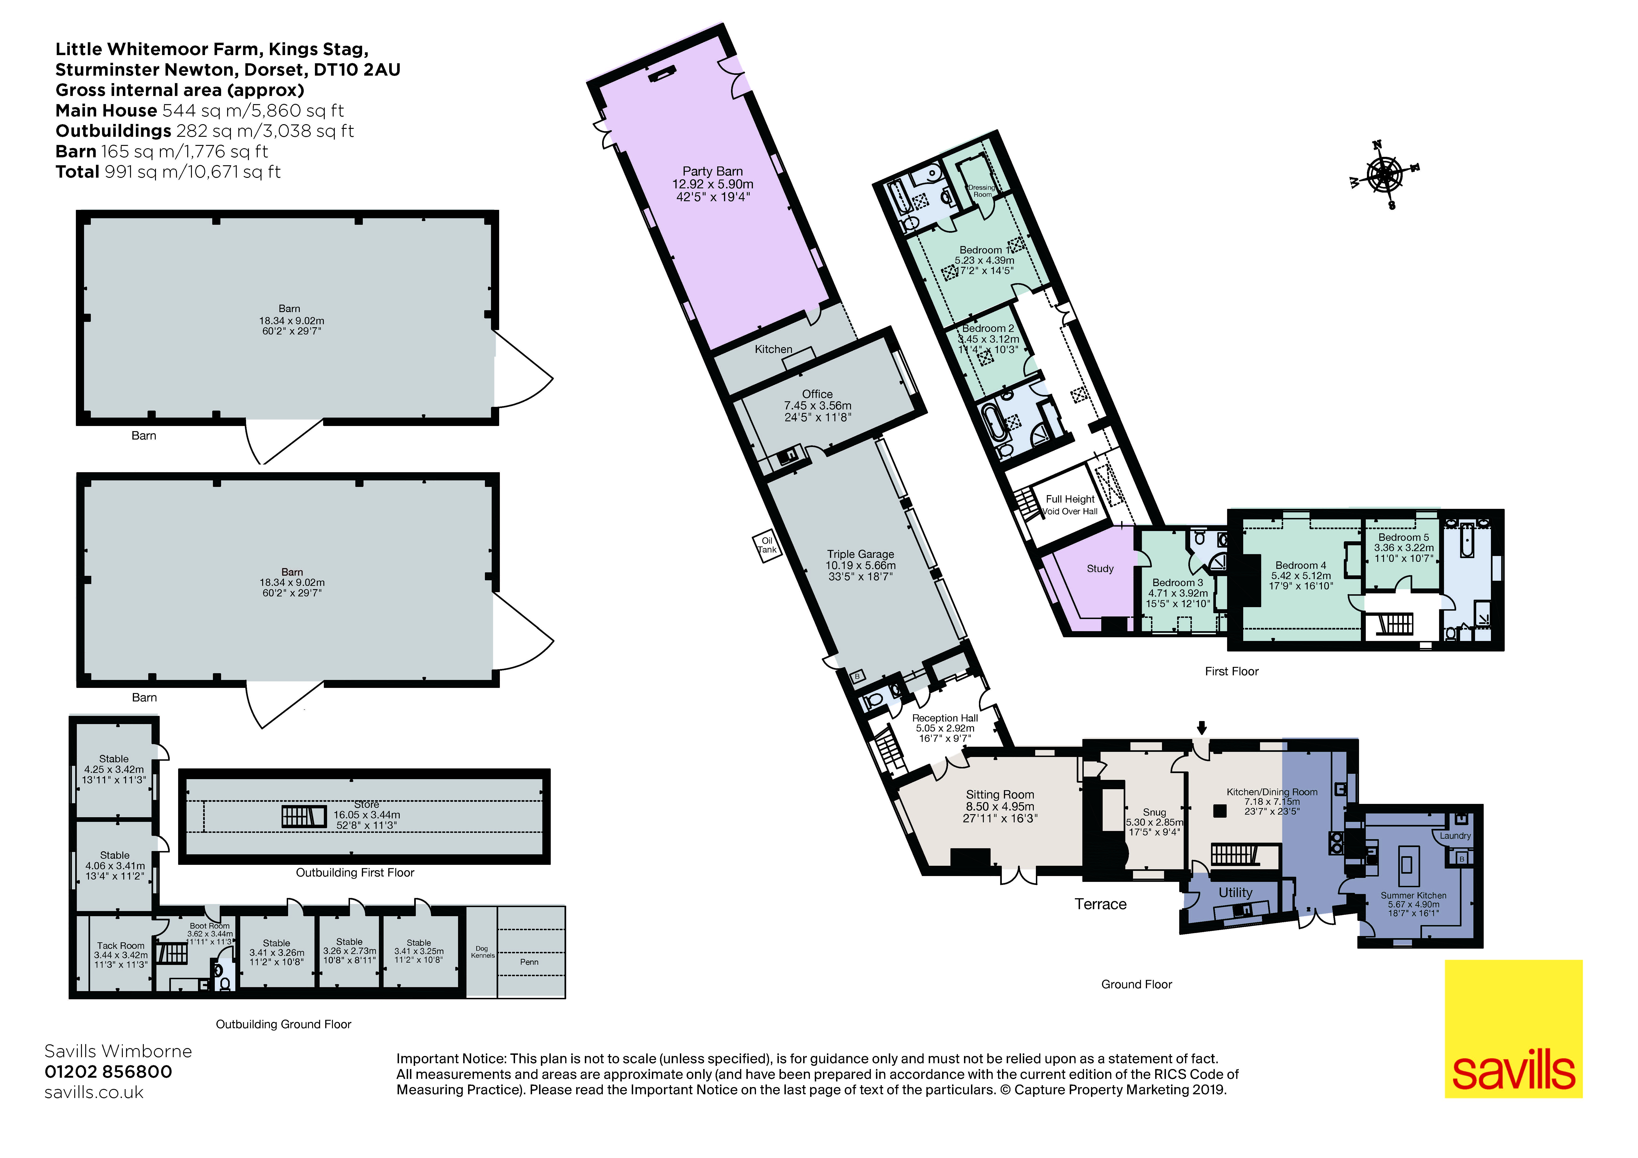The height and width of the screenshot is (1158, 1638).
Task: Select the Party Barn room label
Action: click(712, 171)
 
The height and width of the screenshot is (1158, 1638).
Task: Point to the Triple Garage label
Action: click(860, 554)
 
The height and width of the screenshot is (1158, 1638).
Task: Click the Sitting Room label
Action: click(999, 795)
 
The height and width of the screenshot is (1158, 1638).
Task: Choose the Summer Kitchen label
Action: click(1412, 895)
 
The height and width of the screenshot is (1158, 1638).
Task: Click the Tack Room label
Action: click(120, 945)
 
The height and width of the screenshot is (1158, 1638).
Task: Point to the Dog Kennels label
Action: click(482, 952)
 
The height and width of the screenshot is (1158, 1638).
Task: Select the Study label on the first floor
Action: click(1099, 569)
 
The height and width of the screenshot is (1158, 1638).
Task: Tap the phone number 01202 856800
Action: click(108, 1072)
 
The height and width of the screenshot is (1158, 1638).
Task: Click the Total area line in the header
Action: click(168, 172)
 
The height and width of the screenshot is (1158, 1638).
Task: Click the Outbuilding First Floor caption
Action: click(355, 873)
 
